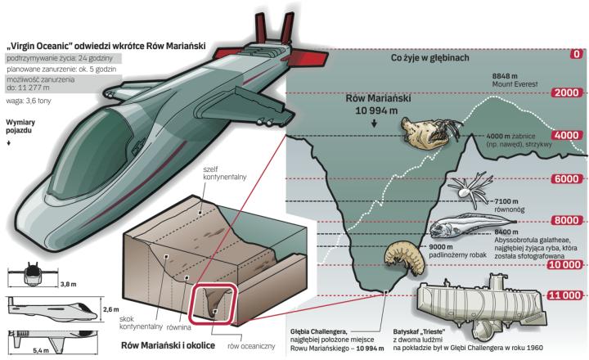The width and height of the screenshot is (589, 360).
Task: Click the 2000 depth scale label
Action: [x=567, y=93]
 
